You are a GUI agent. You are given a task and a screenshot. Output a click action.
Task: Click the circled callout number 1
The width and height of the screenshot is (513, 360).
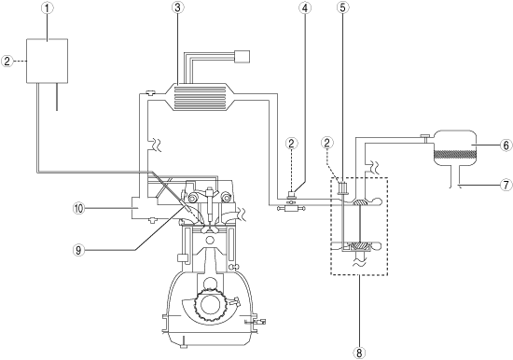(48, 8)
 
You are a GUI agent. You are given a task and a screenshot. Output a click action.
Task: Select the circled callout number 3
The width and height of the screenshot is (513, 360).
(177, 7)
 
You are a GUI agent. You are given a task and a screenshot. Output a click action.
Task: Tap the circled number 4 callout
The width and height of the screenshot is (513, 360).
(305, 7)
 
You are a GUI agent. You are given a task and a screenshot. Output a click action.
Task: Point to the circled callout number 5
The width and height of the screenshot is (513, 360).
(342, 7)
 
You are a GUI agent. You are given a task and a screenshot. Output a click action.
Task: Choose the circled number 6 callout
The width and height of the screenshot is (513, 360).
(506, 145)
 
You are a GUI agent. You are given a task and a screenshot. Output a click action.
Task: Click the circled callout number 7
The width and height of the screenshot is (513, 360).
(506, 186)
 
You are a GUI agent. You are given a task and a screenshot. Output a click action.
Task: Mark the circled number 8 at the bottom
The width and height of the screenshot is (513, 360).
(359, 353)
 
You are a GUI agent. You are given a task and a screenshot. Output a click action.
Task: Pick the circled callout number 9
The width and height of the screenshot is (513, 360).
(78, 250)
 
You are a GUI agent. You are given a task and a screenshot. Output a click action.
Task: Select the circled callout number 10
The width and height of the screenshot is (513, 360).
(78, 209)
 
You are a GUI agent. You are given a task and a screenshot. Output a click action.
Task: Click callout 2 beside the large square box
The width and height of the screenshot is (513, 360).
(7, 62)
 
